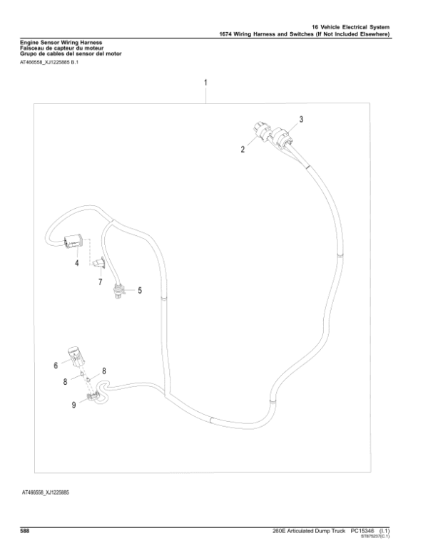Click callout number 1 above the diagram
tap(206, 83)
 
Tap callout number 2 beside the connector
tap(243, 149)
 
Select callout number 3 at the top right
tap(301, 119)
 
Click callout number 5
tap(139, 290)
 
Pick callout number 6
tap(54, 366)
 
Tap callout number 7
tap(100, 283)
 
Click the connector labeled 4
tap(74, 242)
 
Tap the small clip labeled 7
tap(101, 264)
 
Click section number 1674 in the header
tap(228, 34)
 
